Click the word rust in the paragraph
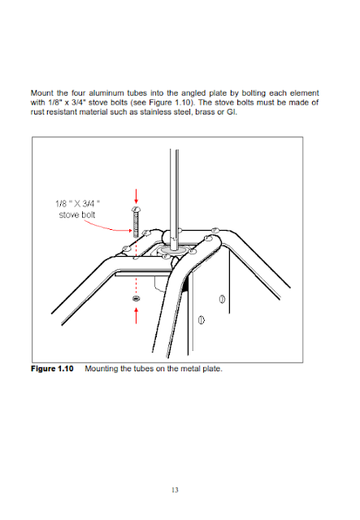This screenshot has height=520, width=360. [37, 112]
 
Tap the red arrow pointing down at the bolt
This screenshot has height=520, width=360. [136, 197]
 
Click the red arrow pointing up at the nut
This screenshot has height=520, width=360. [136, 315]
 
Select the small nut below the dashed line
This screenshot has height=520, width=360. [136, 298]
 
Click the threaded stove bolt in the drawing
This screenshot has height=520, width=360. [136, 222]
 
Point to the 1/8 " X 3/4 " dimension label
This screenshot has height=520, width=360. [78, 203]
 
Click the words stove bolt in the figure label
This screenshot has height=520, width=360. [77, 214]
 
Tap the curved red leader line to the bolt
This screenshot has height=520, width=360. [106, 226]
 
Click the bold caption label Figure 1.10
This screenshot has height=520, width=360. [52, 369]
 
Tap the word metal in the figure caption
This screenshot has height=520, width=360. [190, 369]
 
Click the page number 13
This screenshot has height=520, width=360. [175, 490]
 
